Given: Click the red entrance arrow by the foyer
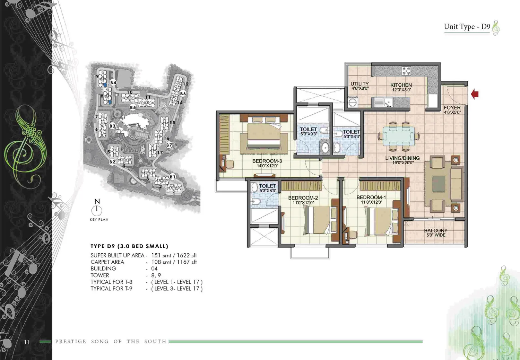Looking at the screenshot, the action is click(x=475, y=94).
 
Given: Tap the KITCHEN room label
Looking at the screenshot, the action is click(x=401, y=85).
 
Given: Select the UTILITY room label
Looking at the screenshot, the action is click(x=359, y=84).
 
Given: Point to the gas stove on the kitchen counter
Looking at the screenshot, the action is click(x=407, y=71).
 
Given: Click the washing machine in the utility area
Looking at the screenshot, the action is click(x=353, y=102).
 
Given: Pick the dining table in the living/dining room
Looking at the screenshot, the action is click(x=399, y=136).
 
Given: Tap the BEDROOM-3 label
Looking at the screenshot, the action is click(x=267, y=161).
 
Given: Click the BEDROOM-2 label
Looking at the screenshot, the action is click(x=303, y=198).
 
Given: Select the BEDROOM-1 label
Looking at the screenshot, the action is click(x=371, y=197).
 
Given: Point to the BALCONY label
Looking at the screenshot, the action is click(x=436, y=230).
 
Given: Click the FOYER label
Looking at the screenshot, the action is click(x=452, y=108).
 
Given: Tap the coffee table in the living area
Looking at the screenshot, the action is click(x=439, y=184).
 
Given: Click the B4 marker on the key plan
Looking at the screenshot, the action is click(x=113, y=82).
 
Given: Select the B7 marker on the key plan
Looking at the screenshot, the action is click(x=169, y=145).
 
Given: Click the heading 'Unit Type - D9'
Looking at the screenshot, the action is click(x=467, y=27).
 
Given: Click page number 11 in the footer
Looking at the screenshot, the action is click(x=27, y=342).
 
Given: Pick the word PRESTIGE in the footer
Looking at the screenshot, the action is click(x=71, y=341).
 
